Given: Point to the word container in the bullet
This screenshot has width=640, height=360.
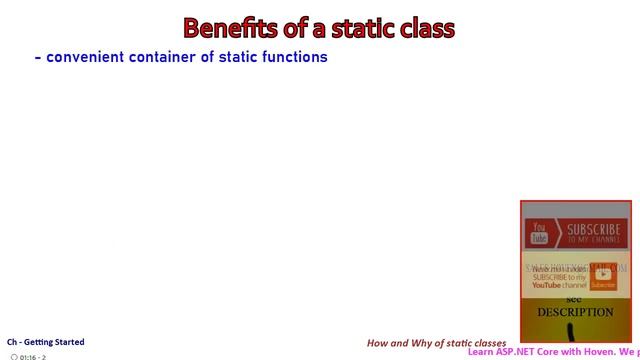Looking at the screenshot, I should [165, 57].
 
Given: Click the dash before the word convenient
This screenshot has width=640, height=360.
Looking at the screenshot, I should [38, 57].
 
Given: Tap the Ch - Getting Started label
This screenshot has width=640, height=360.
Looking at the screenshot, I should [46, 342].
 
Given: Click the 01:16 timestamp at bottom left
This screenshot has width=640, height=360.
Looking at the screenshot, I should [29, 356].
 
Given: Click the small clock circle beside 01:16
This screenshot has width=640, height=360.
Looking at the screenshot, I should [14, 356].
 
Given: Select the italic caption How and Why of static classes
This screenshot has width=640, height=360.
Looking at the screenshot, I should [437, 342].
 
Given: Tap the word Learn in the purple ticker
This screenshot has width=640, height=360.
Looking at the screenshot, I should [482, 352].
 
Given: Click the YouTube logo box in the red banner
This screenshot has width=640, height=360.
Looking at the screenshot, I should [539, 235].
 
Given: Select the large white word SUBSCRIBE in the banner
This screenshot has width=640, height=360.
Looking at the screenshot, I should [593, 230].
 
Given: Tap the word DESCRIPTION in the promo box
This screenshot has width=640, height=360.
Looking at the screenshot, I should [575, 312].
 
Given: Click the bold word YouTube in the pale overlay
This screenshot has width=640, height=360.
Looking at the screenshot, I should [548, 285].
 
